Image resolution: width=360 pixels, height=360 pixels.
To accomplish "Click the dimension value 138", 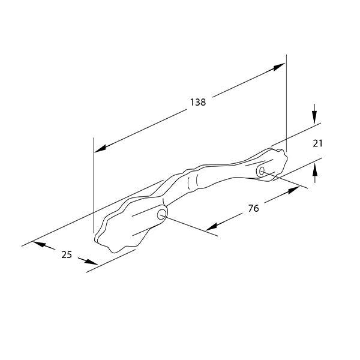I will point(197,102).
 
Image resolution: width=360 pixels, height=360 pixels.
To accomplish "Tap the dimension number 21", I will point(319,143).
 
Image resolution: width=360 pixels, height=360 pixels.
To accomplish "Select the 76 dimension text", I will point(253,208).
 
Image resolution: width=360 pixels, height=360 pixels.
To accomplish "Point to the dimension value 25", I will point(66,254).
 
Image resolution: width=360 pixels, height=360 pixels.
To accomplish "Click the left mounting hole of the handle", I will point(162,214).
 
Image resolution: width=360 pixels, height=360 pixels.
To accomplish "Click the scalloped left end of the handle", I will point(111,234).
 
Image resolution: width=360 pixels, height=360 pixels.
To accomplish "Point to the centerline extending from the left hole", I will point(192,226).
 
